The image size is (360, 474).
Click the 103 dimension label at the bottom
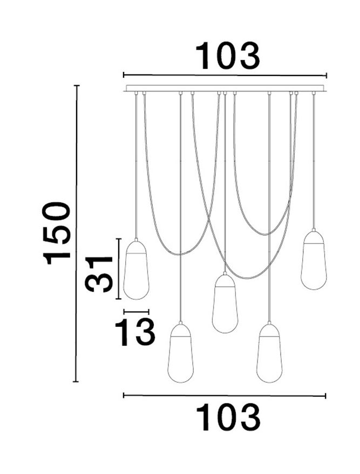(x=227, y=417)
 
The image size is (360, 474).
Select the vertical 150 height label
(x=58, y=233)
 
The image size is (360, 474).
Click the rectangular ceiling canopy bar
(x=225, y=88)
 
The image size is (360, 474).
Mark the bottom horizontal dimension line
(x=225, y=396)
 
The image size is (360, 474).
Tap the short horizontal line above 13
(x=136, y=311)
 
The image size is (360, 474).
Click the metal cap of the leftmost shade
(x=137, y=245)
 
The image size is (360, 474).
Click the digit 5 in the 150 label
(x=58, y=233)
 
